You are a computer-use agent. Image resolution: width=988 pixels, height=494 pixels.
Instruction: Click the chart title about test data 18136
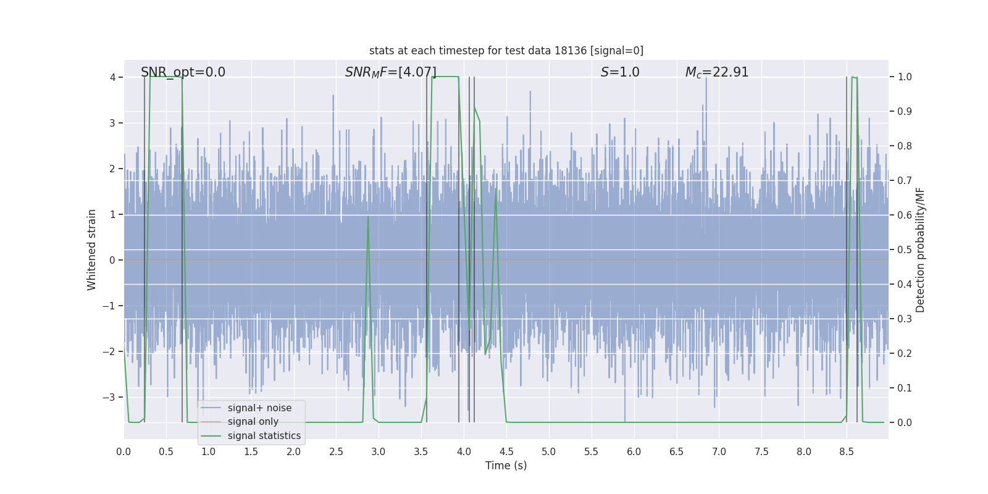coord(506,51)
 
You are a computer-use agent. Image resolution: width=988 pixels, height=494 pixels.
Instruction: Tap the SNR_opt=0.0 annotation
coord(183,72)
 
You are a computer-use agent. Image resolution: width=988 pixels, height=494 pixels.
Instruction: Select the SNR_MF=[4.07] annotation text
coord(390,72)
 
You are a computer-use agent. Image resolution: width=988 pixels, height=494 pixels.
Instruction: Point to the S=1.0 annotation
coord(620,72)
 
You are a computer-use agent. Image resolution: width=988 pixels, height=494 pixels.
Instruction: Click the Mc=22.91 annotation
coord(716,72)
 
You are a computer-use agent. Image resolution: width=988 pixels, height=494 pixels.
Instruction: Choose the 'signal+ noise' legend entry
coord(259,408)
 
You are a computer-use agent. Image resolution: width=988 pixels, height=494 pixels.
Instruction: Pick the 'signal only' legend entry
coord(253,422)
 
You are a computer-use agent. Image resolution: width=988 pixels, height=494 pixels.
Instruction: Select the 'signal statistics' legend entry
coord(264,436)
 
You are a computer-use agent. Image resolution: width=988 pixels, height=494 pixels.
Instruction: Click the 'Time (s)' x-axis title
coord(506,466)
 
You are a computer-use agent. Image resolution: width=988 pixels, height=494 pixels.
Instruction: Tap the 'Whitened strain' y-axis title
coord(92,249)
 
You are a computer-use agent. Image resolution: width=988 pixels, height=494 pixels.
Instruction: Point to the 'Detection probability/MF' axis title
coord(920,249)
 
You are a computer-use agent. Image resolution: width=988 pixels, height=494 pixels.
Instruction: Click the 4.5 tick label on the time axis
coord(506,451)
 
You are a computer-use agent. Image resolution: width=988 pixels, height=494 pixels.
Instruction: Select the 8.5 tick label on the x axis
coord(847,451)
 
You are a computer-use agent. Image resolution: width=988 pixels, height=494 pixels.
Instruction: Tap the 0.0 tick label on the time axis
coord(124,451)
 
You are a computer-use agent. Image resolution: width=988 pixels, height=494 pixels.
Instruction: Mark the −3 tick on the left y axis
coord(109,397)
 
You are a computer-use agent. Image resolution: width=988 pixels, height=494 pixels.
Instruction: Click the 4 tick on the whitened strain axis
coord(112,77)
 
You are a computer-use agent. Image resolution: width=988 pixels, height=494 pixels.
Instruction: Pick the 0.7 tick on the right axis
coord(905,181)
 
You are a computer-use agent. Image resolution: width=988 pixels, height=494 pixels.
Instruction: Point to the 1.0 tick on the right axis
coord(905,77)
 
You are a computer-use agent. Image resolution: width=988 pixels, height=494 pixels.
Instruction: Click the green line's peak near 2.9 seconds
coord(368,216)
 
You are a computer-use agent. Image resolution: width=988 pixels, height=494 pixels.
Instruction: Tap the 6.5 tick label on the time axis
coord(676,451)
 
